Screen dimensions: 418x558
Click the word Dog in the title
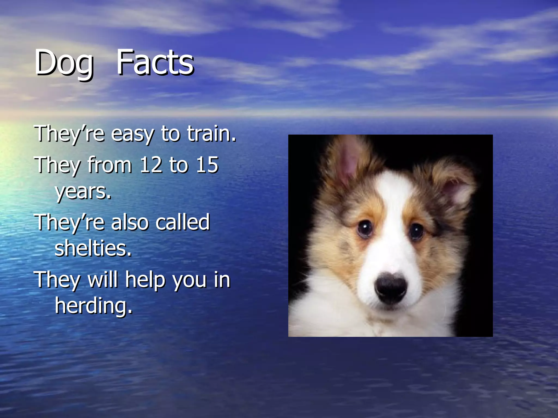click(x=64, y=63)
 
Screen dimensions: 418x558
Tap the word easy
click(x=132, y=134)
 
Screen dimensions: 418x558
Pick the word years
click(x=83, y=192)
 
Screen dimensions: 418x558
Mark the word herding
click(x=93, y=306)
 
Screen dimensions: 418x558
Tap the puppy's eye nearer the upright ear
click(x=365, y=228)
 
